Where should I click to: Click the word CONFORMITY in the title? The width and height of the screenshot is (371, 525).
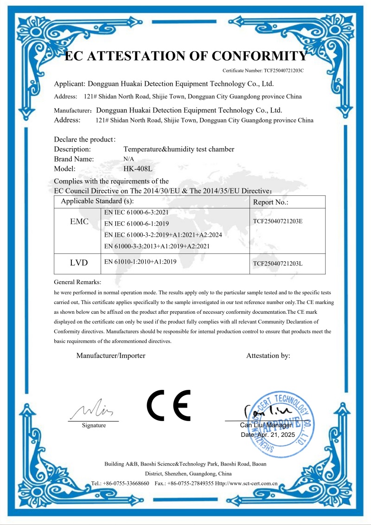click(259, 56)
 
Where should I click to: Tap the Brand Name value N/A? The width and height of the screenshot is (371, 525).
click(128, 159)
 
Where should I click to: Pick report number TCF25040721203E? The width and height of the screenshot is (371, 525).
click(278, 221)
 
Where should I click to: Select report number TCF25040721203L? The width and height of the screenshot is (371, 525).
click(278, 263)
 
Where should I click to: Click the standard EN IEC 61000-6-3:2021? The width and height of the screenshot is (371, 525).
click(136, 212)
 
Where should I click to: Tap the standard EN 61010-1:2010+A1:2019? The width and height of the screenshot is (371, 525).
click(141, 262)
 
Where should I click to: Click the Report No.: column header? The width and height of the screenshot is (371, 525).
click(271, 202)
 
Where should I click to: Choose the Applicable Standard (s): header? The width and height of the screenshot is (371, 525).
click(97, 201)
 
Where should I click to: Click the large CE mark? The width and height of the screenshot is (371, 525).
click(168, 405)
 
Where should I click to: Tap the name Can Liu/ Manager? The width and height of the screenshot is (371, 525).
click(266, 425)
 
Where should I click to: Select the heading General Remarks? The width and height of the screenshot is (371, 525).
click(77, 282)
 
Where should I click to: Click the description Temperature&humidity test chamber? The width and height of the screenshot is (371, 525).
click(179, 149)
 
